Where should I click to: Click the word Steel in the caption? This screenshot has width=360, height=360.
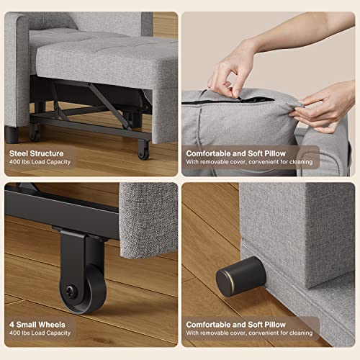point(21,153)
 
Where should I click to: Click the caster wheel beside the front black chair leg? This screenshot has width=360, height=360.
point(34,132)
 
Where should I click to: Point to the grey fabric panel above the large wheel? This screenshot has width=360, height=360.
point(148,216)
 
